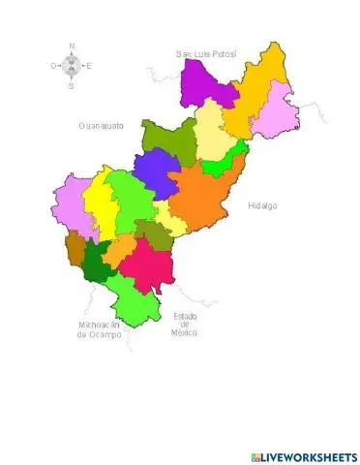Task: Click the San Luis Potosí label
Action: (205, 53)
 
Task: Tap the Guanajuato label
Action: (101, 126)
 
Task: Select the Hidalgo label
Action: (262, 205)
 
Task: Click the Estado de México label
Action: (185, 325)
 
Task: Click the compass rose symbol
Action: (71, 66)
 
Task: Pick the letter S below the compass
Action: (71, 86)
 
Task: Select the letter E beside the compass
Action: (89, 67)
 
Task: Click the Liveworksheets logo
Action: (303, 456)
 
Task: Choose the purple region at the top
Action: (208, 82)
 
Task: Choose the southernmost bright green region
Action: (134, 305)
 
